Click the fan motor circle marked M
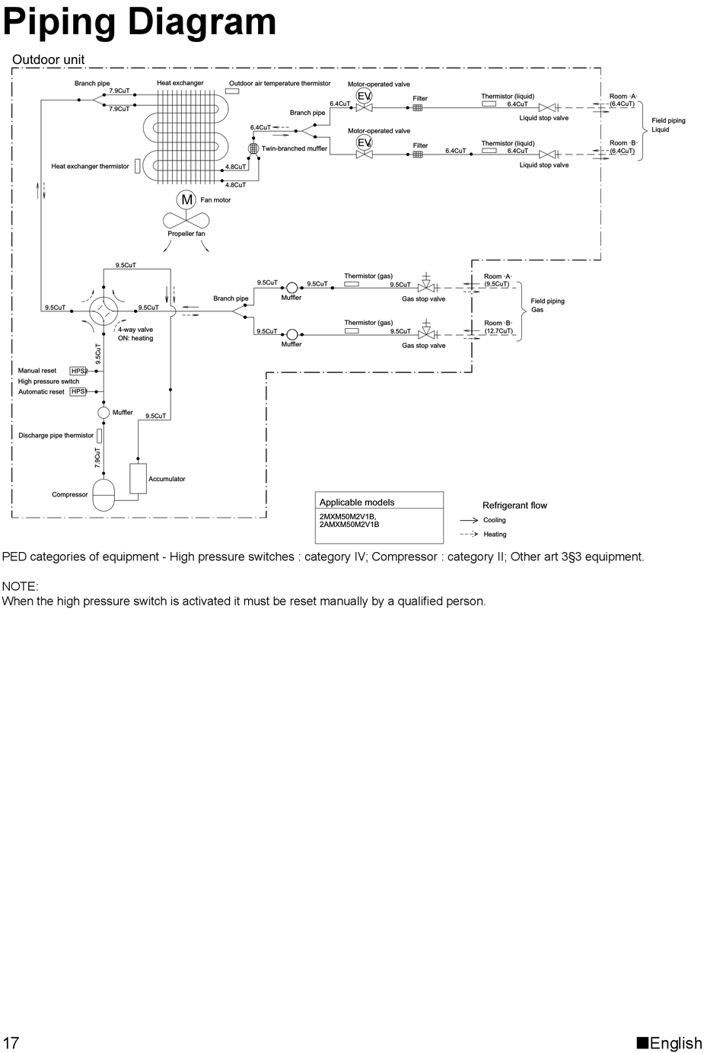[186, 199]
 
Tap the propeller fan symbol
[186, 221]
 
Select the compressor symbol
[103, 495]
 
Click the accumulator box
[138, 478]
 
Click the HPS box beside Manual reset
[78, 371]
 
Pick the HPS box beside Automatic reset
[78, 391]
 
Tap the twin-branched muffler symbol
[253, 148]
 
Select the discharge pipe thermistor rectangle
[100, 436]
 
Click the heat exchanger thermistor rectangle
[137, 165]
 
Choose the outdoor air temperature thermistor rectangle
[232, 91]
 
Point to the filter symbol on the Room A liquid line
[418, 107]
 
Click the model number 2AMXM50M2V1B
[349, 525]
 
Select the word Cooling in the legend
[495, 520]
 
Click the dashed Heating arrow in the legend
[469, 534]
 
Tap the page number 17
[11, 1042]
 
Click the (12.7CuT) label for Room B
[498, 331]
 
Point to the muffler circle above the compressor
[104, 412]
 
